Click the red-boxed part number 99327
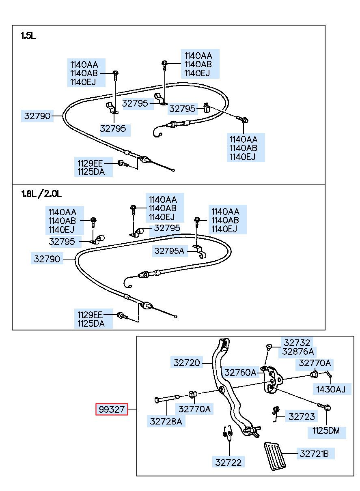(112, 409)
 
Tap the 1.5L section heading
(28, 36)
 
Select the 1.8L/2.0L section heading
(41, 194)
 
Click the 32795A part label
(169, 251)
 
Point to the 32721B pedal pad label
(314, 454)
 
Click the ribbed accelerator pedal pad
(275, 457)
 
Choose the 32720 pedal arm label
(186, 363)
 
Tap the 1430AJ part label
(331, 390)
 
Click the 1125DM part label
(326, 431)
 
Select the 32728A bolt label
(166, 421)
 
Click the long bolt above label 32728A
(167, 399)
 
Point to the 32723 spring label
(302, 416)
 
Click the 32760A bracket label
(240, 373)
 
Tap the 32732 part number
(297, 343)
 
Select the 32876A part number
(297, 352)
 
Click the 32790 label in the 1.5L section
(37, 116)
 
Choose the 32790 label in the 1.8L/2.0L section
(47, 259)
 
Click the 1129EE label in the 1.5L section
(90, 163)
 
